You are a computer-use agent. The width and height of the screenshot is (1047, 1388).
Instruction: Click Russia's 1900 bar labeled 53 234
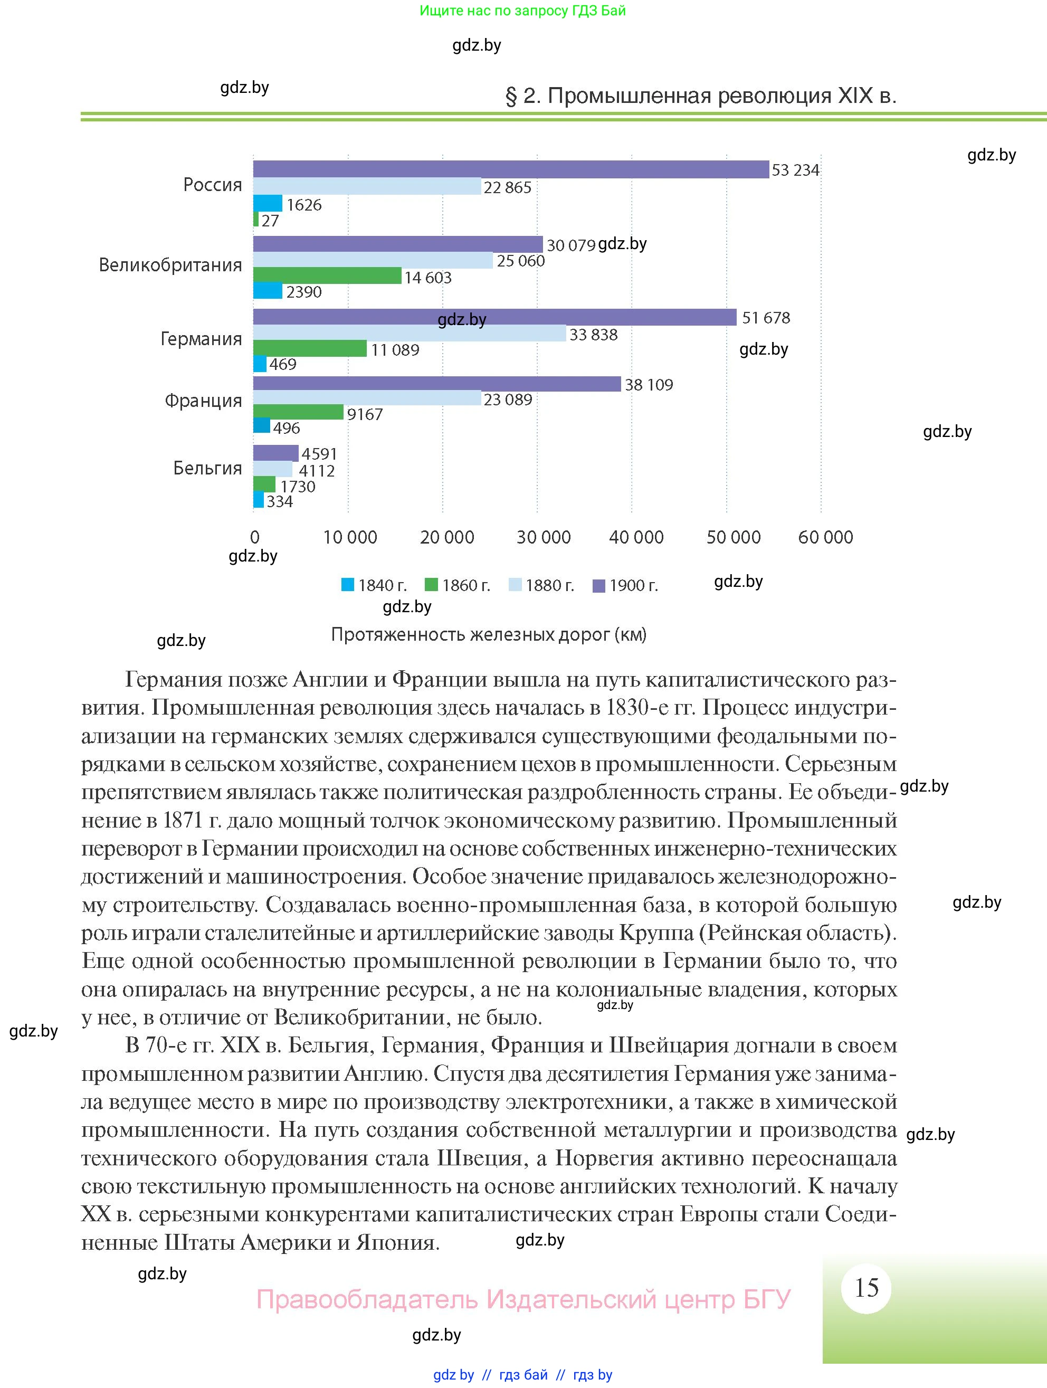(511, 169)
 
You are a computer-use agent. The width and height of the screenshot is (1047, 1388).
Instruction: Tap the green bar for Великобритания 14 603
(327, 275)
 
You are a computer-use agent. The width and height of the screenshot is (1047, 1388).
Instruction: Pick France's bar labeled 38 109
(436, 384)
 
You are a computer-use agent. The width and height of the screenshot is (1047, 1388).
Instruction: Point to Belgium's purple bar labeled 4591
(275, 452)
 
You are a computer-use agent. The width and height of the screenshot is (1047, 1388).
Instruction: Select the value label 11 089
(395, 350)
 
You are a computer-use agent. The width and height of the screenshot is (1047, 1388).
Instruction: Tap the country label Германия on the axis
(201, 339)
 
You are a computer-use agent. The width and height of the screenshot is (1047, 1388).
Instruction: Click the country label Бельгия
(207, 468)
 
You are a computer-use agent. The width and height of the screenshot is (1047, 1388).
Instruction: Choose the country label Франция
(203, 401)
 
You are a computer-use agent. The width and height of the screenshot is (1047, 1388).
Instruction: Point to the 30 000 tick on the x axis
(543, 537)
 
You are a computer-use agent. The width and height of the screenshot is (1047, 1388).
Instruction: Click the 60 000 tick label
(825, 537)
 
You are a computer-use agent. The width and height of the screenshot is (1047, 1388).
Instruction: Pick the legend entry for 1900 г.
(625, 585)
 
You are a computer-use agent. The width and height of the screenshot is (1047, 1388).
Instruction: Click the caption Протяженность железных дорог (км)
(488, 634)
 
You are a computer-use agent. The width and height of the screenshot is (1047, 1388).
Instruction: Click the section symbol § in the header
(511, 96)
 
